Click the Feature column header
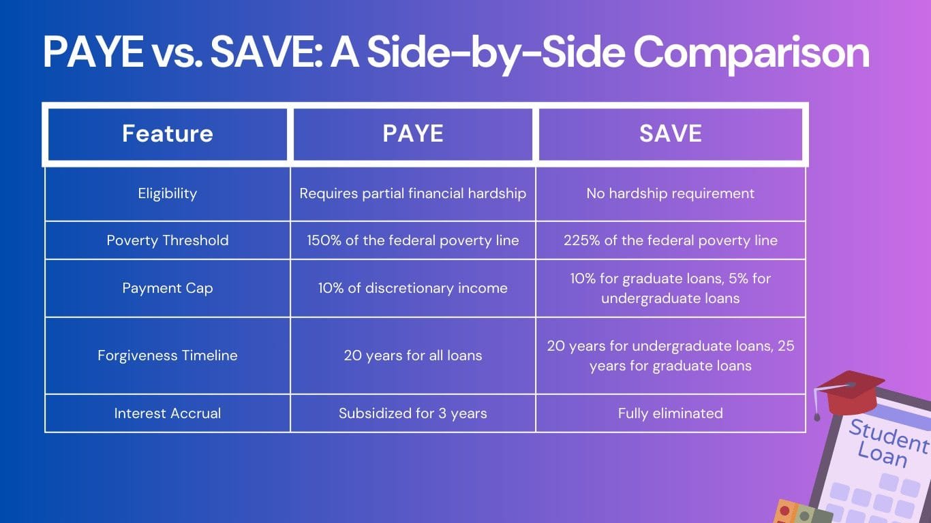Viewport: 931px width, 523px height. [x=168, y=133]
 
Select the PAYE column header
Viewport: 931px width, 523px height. [x=413, y=133]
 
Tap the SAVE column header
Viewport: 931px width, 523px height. [x=671, y=133]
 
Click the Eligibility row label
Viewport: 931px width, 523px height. [x=168, y=193]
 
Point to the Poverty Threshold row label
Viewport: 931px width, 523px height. [x=168, y=240]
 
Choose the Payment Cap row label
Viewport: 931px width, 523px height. [x=168, y=288]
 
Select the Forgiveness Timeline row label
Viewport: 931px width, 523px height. [x=168, y=355]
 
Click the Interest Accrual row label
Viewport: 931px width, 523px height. [x=168, y=413]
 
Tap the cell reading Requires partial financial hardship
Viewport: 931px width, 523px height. [x=413, y=193]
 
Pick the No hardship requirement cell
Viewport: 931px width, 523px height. [x=671, y=193]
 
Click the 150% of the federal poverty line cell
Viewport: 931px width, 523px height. [x=413, y=240]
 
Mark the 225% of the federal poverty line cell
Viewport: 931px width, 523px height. [x=671, y=240]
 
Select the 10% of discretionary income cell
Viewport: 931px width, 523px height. [x=413, y=288]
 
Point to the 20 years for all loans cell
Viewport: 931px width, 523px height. [x=413, y=355]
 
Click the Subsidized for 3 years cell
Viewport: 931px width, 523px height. [x=413, y=413]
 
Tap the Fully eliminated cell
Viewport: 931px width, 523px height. [x=671, y=413]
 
